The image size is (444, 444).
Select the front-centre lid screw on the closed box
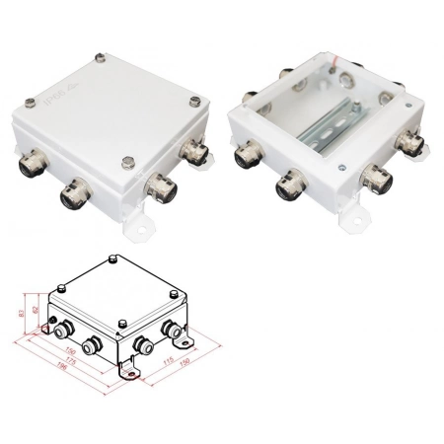point(126,164)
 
